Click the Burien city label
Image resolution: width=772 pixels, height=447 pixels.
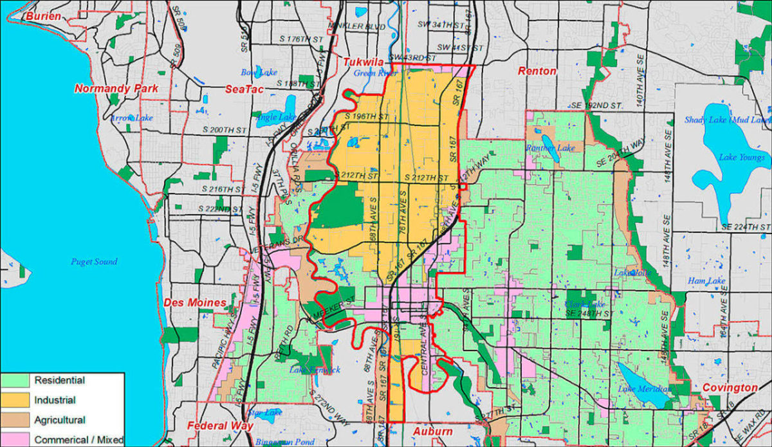(x=43, y=15)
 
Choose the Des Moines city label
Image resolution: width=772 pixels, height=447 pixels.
(x=194, y=302)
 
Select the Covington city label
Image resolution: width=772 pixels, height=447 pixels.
(x=730, y=388)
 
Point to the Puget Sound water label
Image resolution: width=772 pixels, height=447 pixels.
(x=94, y=262)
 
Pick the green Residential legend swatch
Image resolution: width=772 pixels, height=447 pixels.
(x=17, y=381)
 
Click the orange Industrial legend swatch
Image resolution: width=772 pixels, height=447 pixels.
(x=17, y=400)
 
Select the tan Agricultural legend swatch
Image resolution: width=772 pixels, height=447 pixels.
(x=17, y=420)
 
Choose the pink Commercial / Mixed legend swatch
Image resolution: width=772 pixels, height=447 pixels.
(x=17, y=439)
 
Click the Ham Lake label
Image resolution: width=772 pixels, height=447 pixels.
(x=706, y=281)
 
